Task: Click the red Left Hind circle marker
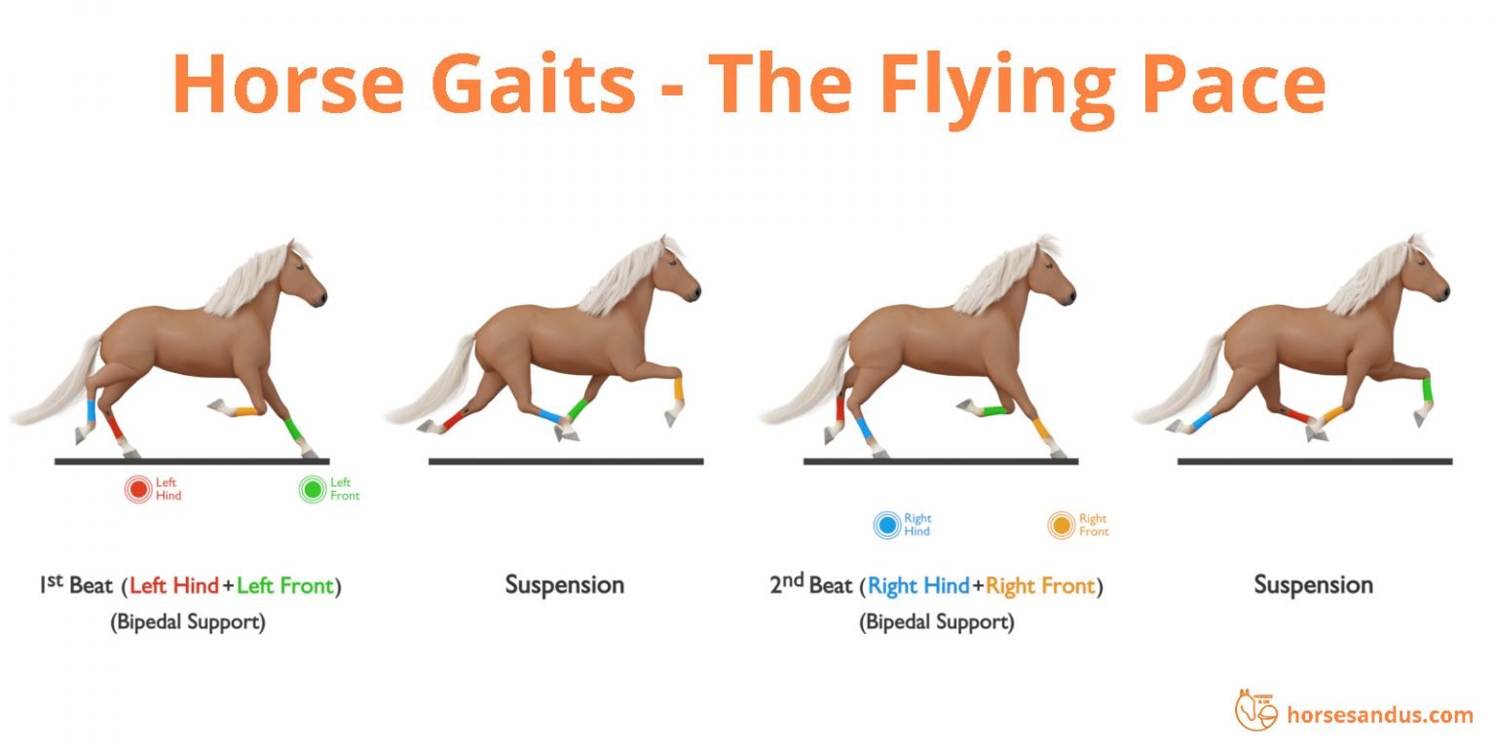pos(138,489)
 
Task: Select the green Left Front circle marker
pos(313,489)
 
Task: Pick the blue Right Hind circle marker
pos(886,526)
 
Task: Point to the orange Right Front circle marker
pos(1061,526)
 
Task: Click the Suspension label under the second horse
pos(564,585)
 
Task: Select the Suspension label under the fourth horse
pos(1313,585)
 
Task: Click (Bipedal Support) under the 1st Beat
pos(188,622)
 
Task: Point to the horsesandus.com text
pos(1380,715)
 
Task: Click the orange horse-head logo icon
pos(1255,710)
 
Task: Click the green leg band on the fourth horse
pos(1428,390)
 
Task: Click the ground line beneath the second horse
pos(565,461)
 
